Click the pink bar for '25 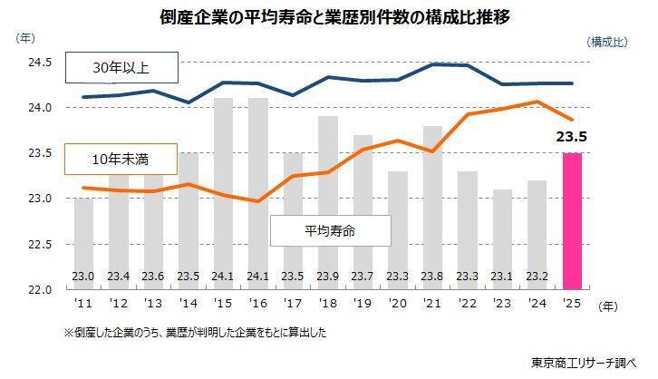(x=572, y=220)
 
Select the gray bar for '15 (x=223, y=193)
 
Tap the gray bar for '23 (x=502, y=239)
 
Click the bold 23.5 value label (x=572, y=137)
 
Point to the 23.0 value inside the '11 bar (x=82, y=277)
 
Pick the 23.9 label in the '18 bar (x=328, y=277)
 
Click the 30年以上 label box (x=121, y=68)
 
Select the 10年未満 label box (x=121, y=159)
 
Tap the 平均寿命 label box (x=331, y=230)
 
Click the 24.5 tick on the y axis (x=40, y=63)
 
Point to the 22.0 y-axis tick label (x=40, y=289)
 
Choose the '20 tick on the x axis (x=397, y=303)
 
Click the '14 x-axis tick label (x=188, y=303)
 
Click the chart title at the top (x=334, y=17)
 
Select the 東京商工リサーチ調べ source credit (x=584, y=363)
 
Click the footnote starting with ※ (x=195, y=333)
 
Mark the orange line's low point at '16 (x=258, y=201)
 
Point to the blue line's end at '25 (x=572, y=83)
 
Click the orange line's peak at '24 (x=537, y=102)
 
